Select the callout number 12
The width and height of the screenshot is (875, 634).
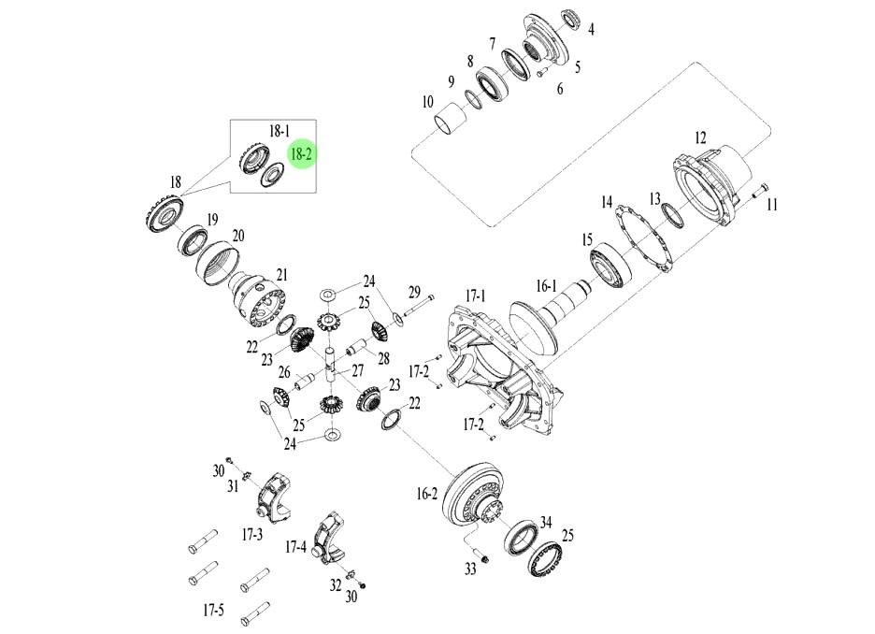point(699,137)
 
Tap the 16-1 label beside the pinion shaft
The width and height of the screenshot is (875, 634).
point(546,286)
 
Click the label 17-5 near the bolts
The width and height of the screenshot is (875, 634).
point(213,612)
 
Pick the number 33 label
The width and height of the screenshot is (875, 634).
point(470,569)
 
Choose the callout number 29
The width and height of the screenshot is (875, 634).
point(414,292)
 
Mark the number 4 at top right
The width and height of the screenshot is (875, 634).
point(591,29)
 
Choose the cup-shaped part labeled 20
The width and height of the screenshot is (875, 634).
point(221,265)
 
